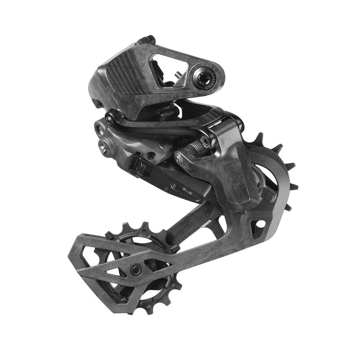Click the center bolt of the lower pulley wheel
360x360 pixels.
pos(135,268)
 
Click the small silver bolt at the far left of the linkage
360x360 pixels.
pos(104,149)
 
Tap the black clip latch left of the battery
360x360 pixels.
pos(137,167)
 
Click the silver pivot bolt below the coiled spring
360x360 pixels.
pos(179,159)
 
